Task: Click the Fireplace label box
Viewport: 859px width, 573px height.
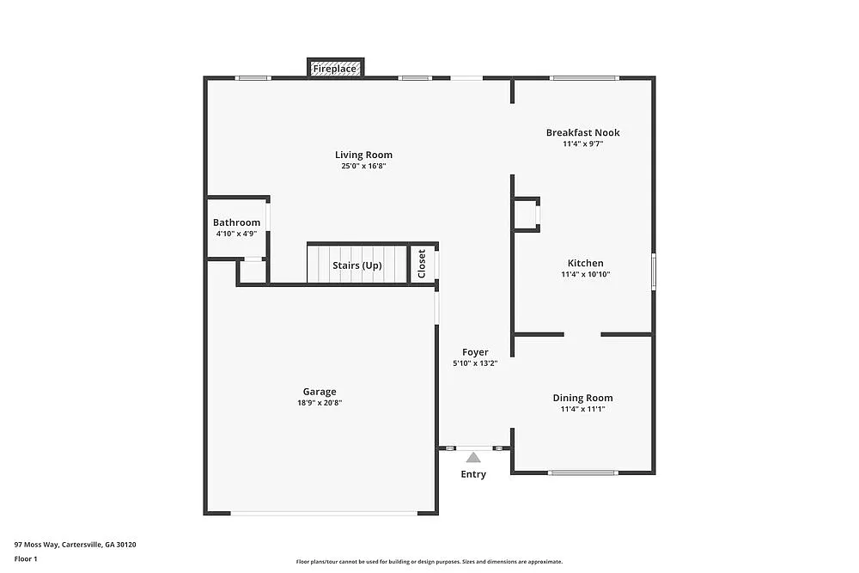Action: (x=335, y=68)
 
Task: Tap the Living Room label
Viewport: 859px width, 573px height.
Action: (x=363, y=155)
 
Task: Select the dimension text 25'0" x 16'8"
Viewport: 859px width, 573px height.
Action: (x=363, y=166)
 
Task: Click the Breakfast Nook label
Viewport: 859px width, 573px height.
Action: (x=582, y=132)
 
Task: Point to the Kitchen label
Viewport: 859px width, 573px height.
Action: (x=585, y=263)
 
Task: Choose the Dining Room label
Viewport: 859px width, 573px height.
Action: (x=582, y=398)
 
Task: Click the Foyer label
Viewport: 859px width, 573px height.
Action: (x=475, y=352)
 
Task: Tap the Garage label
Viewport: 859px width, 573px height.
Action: (x=319, y=392)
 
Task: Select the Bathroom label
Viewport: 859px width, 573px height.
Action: (x=236, y=222)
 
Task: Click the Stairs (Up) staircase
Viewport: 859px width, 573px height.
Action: (x=356, y=265)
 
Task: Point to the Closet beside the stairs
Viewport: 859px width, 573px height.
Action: (x=422, y=264)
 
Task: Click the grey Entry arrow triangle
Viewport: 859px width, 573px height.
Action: (x=473, y=458)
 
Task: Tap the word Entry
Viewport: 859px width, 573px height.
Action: (x=473, y=474)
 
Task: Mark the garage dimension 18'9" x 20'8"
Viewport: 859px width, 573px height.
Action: (x=319, y=403)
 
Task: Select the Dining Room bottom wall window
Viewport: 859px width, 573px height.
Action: (x=583, y=472)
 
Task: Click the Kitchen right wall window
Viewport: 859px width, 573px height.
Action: (x=653, y=271)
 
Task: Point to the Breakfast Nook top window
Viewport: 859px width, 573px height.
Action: (x=584, y=78)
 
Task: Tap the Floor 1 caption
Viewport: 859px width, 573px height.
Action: (x=26, y=558)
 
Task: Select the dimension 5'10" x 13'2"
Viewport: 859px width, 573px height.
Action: (x=475, y=363)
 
